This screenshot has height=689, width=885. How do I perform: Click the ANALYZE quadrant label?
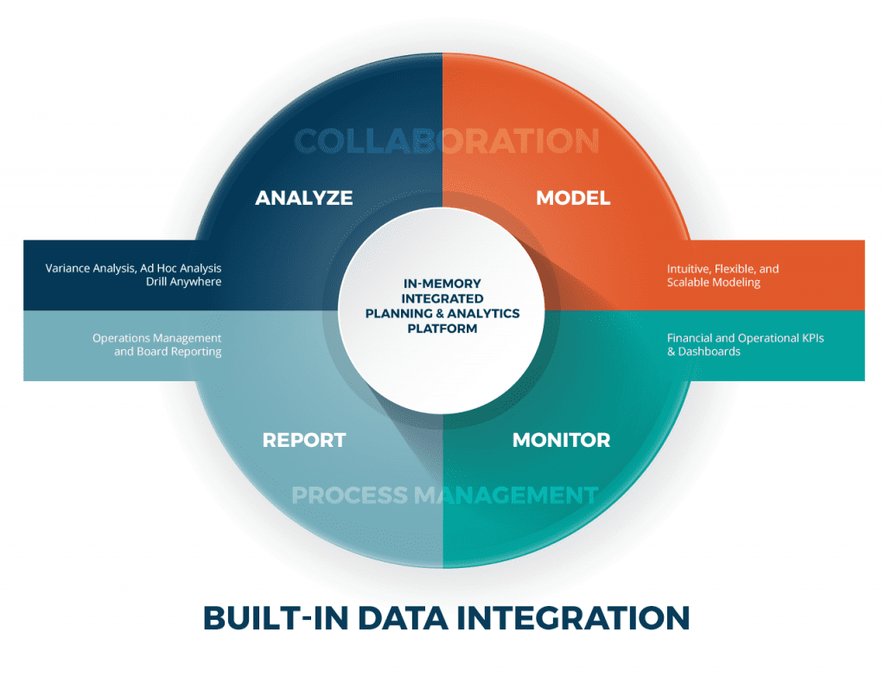303,198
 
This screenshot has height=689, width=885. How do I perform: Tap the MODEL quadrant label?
572,198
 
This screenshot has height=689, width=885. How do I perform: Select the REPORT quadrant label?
303,440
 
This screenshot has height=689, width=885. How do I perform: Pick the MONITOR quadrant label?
561,440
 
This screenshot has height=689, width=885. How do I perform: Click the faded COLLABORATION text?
447,141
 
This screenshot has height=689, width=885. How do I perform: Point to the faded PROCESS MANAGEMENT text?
444,495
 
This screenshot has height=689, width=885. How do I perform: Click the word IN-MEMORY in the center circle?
442,284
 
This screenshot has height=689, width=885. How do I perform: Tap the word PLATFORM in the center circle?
442,329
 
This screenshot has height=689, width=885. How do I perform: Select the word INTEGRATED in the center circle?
442,298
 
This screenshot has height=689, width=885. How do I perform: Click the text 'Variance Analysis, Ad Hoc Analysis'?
133,269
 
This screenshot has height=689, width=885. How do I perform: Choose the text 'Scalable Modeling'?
713,283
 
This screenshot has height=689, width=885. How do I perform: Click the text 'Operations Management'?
156,338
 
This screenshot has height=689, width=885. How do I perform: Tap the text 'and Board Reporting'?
168,352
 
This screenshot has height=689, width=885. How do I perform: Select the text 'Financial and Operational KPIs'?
745,338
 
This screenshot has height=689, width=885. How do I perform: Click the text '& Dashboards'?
704,352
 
